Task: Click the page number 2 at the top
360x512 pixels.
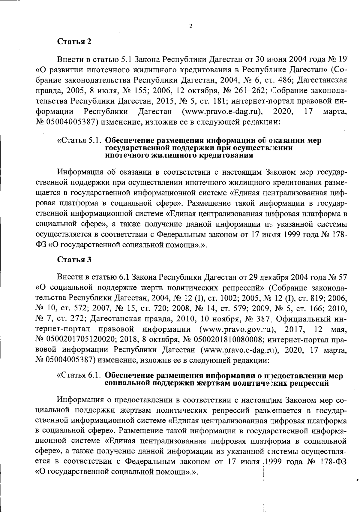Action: [191, 26]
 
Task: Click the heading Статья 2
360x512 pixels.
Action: [74, 42]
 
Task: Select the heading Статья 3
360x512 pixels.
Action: [74, 260]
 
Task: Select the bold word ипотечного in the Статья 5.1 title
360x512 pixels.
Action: [126, 155]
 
